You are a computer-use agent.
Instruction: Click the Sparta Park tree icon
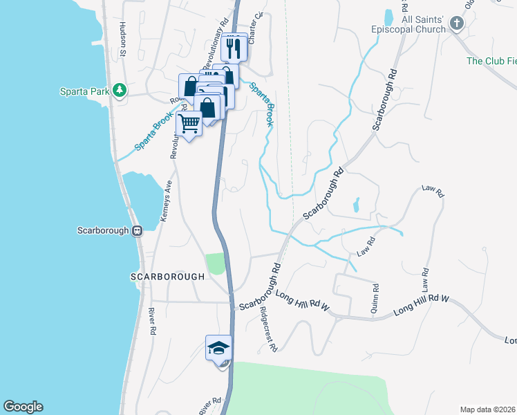[120, 90]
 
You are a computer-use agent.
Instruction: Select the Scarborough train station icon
[138, 230]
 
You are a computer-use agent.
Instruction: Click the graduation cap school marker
[218, 347]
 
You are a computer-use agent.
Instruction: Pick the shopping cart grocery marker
[189, 123]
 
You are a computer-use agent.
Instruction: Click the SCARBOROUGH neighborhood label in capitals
[168, 276]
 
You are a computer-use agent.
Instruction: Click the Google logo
[23, 407]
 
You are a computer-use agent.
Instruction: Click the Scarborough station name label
[104, 230]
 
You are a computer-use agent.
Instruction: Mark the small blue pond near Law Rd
[356, 205]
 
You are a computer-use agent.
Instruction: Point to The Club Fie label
[491, 61]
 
